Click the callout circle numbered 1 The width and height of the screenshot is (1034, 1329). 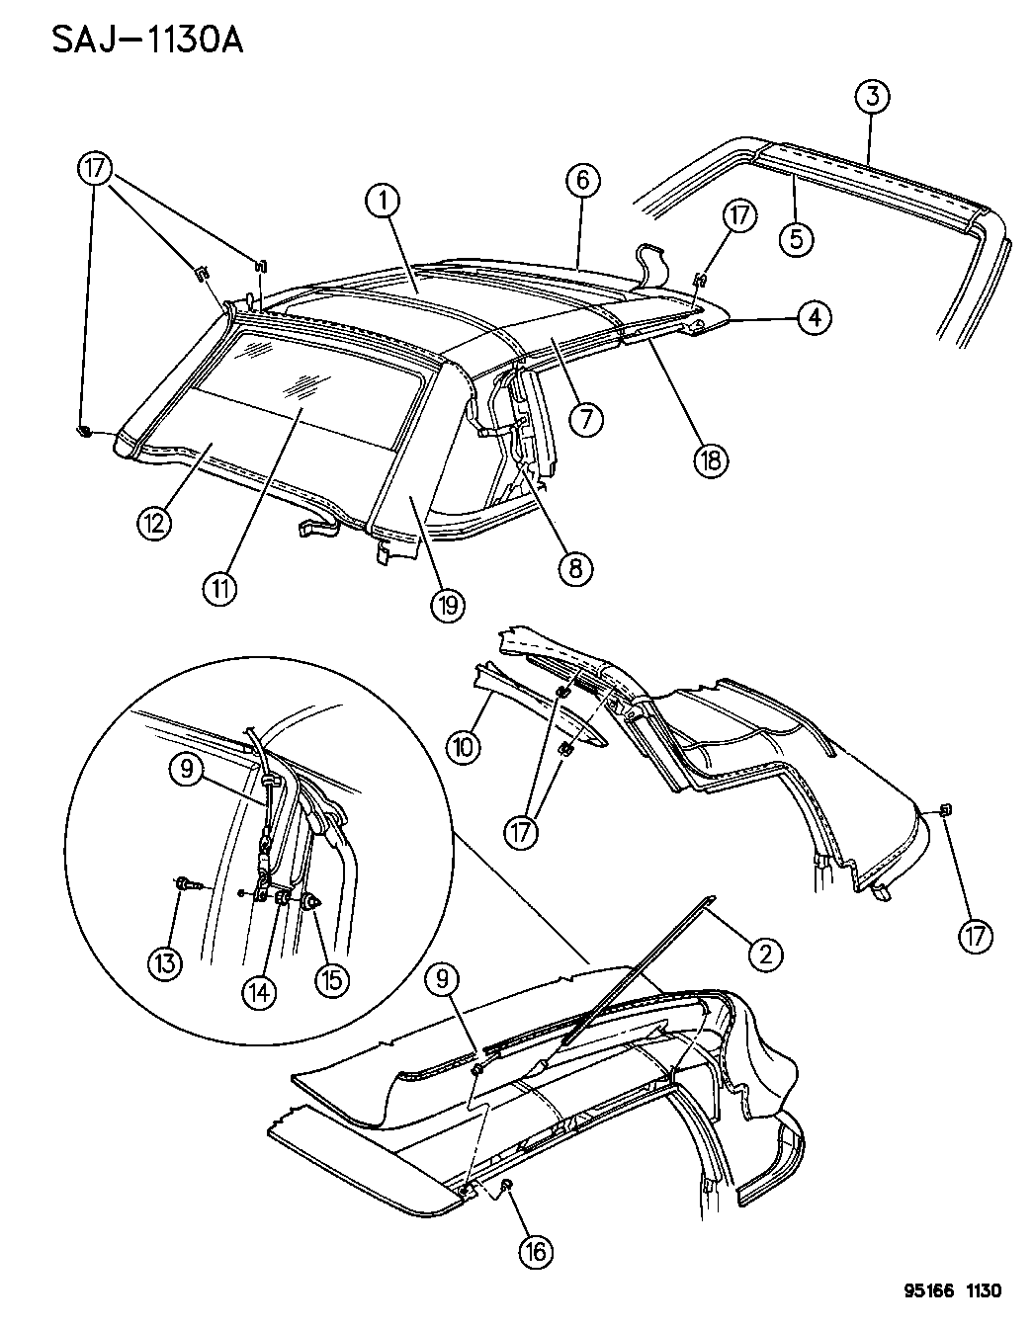385,202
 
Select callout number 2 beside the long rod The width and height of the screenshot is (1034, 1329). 765,953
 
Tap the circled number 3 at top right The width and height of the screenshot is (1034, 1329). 871,97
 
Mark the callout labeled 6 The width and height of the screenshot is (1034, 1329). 583,180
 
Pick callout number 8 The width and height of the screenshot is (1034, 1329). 575,566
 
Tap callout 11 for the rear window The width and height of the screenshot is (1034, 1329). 219,590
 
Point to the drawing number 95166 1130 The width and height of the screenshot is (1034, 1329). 951,1290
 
